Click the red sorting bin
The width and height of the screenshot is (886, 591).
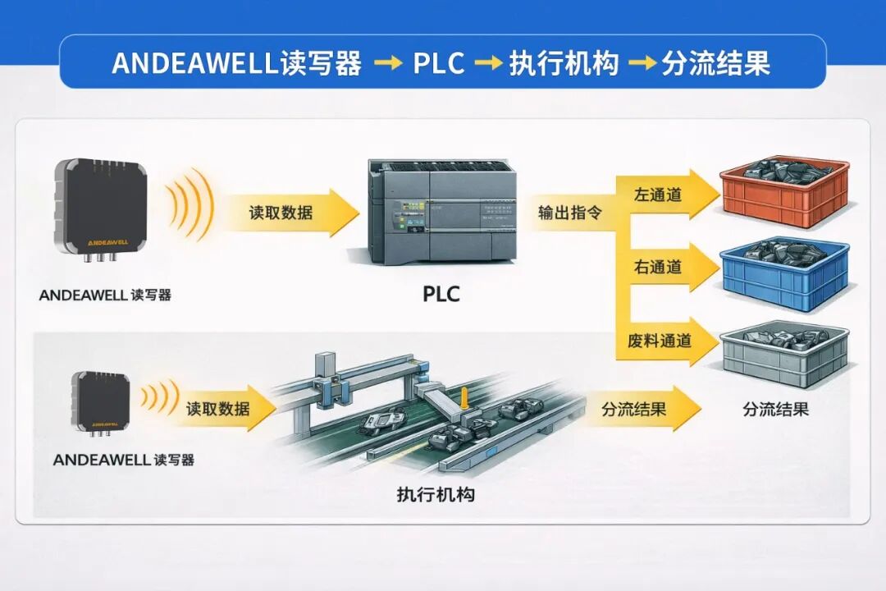tap(785, 193)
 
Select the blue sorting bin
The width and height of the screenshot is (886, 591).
tap(785, 274)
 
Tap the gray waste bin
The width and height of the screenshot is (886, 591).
tap(785, 355)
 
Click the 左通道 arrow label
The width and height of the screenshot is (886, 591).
tap(657, 195)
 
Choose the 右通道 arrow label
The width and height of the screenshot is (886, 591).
tap(657, 267)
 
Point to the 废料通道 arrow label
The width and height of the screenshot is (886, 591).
tap(660, 341)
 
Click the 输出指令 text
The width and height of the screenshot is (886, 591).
tap(569, 213)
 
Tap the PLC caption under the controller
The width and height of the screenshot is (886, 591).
tap(441, 294)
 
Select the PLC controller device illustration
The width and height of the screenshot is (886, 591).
tap(442, 211)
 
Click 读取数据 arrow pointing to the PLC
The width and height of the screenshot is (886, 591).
tap(288, 213)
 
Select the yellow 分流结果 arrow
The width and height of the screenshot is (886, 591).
tap(644, 408)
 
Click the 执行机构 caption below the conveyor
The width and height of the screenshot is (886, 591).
tap(436, 494)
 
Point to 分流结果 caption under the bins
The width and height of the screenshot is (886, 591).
tap(775, 409)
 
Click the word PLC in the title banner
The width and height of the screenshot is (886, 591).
tap(438, 63)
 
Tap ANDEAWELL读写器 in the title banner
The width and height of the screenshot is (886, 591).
tap(237, 63)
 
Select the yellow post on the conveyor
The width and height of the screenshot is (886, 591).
tap(464, 397)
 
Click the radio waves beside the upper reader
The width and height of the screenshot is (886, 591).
tap(192, 204)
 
